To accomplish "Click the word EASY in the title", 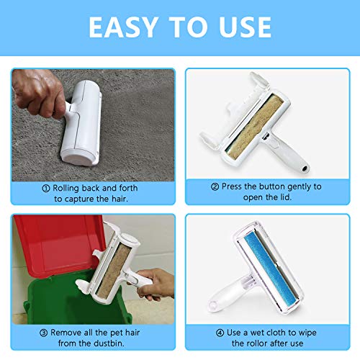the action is tap(123, 27).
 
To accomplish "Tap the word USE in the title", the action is tap(245, 27).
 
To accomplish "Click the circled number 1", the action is tap(46, 189).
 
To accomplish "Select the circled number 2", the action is tap(215, 186).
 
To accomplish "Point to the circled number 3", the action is tap(43, 333).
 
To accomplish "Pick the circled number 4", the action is tap(220, 333).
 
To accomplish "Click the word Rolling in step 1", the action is tap(66, 189).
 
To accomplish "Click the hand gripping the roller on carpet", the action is tap(38, 94).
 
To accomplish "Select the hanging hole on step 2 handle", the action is tap(305, 168).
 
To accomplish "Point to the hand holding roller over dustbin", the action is tap(153, 284).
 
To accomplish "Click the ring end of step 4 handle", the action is tap(213, 305).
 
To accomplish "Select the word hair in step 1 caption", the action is tap(119, 199).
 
